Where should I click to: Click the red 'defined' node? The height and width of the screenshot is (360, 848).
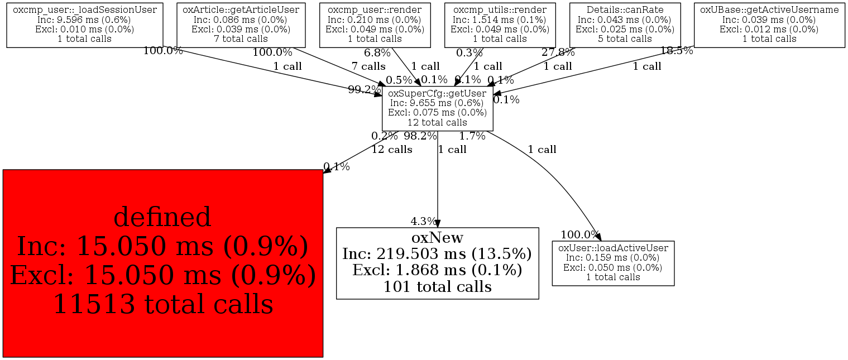(163, 263)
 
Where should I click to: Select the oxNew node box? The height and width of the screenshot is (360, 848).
(437, 263)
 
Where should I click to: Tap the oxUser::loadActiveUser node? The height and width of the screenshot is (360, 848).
(613, 263)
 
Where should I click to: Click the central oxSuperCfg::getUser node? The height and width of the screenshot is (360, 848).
(437, 109)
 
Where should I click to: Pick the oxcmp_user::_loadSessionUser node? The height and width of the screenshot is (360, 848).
(84, 25)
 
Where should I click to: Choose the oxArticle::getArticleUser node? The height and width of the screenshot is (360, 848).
(241, 25)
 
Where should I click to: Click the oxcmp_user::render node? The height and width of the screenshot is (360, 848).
(375, 25)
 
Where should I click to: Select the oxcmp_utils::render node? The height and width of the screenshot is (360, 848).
(500, 25)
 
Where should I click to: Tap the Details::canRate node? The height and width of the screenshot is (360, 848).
(625, 25)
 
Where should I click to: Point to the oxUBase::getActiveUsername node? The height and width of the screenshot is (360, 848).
(769, 25)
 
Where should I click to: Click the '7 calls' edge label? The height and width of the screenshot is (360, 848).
(368, 66)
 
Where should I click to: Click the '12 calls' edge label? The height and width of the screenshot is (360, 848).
(392, 150)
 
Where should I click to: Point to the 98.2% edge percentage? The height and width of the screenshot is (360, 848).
(420, 136)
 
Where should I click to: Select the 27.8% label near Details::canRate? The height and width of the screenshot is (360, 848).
(558, 52)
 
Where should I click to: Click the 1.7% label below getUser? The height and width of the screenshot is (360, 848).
(472, 136)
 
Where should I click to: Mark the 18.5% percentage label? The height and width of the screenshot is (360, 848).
(677, 50)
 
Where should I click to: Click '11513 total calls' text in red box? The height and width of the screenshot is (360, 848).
(163, 304)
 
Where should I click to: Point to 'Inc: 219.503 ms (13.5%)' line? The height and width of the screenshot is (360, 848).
(437, 253)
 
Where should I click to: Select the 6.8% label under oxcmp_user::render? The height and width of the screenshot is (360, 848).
(377, 52)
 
